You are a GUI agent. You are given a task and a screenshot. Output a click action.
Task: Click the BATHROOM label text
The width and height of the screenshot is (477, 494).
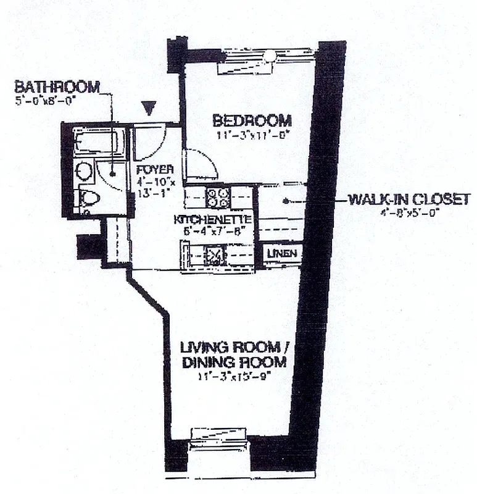(57, 86)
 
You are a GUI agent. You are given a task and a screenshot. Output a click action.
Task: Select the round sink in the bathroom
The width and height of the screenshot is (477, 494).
(84, 171)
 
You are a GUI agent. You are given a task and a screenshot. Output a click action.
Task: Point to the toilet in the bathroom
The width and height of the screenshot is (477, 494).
(88, 199)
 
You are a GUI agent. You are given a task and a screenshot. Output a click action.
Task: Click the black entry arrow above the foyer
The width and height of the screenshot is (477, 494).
(147, 108)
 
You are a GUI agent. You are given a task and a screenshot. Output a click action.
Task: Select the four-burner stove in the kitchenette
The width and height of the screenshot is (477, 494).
(218, 198)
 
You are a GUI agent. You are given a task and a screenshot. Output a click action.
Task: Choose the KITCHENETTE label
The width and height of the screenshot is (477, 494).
(212, 219)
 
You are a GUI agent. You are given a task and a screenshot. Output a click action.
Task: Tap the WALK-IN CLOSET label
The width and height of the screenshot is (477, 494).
(409, 199)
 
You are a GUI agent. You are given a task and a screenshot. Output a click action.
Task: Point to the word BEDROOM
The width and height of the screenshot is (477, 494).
(252, 119)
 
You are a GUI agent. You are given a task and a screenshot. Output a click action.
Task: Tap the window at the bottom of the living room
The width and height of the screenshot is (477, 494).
(219, 437)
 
